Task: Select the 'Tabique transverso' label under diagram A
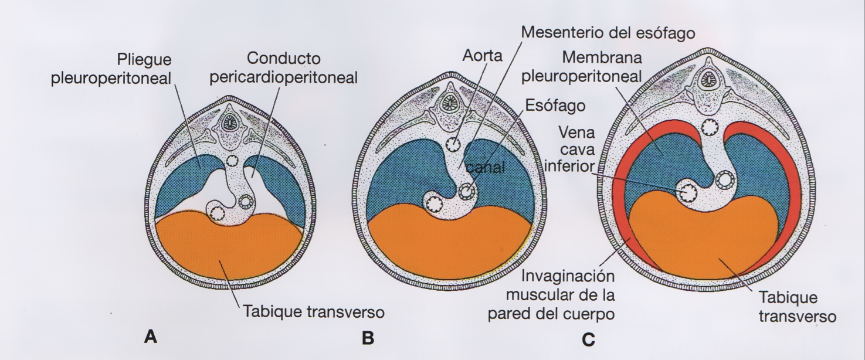click(314, 312)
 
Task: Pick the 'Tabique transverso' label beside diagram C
click(797, 307)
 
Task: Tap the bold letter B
click(368, 338)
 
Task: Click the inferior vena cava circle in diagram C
click(687, 191)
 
